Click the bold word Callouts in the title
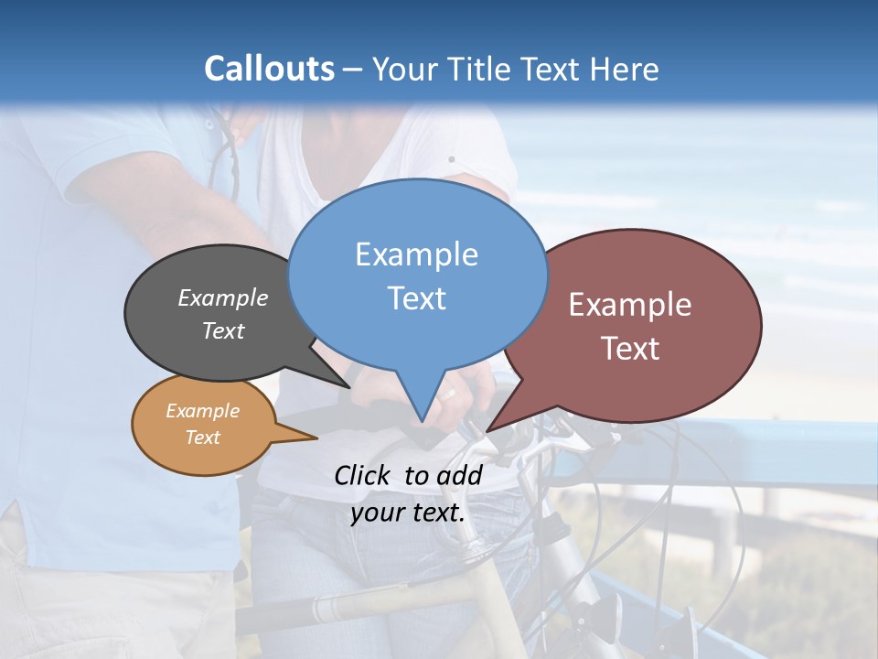(x=269, y=69)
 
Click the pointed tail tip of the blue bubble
(x=422, y=422)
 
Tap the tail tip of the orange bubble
(x=316, y=438)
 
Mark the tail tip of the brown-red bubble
(x=487, y=430)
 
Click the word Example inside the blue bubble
(x=417, y=254)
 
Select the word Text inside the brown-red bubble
(x=630, y=348)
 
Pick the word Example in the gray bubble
(x=223, y=298)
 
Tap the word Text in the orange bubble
(x=202, y=438)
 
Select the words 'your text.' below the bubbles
(x=408, y=513)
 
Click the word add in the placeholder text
(x=459, y=475)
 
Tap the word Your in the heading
(x=406, y=69)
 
